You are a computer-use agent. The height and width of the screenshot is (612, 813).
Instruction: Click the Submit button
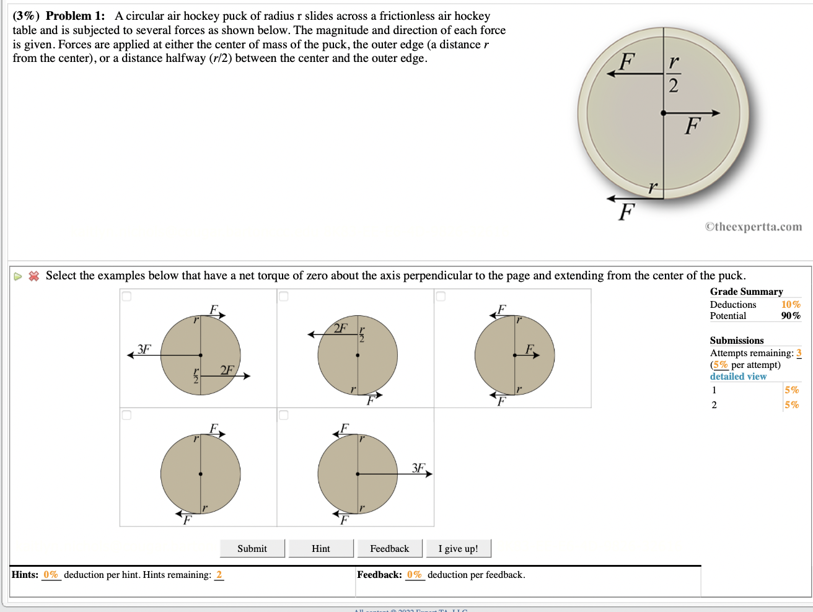(252, 549)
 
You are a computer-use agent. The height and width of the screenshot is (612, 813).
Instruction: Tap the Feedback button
(390, 549)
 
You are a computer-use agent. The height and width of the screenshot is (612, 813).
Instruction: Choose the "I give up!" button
(458, 549)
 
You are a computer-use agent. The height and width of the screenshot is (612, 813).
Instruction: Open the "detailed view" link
(738, 377)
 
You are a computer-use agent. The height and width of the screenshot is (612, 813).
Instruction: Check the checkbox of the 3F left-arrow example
(127, 297)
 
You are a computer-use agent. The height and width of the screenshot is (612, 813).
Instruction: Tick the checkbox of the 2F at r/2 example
(284, 297)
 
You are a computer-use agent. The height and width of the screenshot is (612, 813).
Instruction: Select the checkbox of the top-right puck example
(441, 297)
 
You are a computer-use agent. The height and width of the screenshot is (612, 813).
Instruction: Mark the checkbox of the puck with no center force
(127, 415)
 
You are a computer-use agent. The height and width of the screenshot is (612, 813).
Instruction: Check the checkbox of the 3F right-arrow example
(284, 415)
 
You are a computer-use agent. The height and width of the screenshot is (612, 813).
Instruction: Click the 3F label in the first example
(144, 349)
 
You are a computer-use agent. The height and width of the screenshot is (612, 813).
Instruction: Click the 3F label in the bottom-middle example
(419, 468)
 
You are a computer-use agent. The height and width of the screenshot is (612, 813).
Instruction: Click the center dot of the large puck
(663, 113)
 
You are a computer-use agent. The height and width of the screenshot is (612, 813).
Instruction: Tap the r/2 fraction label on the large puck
(674, 74)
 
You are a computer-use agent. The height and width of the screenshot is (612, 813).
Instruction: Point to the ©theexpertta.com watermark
(753, 227)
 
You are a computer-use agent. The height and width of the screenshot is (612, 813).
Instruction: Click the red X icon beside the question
(34, 276)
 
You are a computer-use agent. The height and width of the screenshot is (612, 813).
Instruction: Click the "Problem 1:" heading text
(75, 16)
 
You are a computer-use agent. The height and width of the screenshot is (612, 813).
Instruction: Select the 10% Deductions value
(791, 305)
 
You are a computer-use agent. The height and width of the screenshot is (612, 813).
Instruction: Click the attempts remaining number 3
(799, 353)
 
